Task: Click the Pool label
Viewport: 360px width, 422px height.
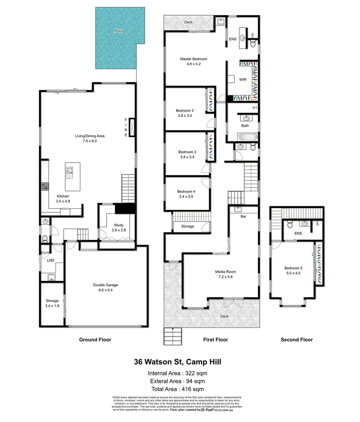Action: click(118, 30)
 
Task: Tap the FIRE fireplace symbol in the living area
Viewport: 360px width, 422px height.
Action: click(132, 127)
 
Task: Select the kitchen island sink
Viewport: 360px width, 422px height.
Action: click(70, 171)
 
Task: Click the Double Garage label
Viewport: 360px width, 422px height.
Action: click(105, 285)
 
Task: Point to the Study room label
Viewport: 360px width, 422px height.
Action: click(119, 225)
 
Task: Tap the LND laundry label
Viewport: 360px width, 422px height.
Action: click(50, 260)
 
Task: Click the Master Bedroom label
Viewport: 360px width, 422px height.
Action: click(193, 59)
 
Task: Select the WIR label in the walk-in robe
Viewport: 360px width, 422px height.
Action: click(242, 79)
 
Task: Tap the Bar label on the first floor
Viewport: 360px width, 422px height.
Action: click(243, 216)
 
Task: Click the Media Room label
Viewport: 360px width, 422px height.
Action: click(225, 272)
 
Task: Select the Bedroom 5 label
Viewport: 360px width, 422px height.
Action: click(292, 268)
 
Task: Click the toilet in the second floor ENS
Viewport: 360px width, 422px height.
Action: click(289, 224)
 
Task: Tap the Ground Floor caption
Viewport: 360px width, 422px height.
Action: click(95, 340)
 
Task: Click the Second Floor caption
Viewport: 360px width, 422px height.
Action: click(296, 340)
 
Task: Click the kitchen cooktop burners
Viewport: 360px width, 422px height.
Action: click(45, 187)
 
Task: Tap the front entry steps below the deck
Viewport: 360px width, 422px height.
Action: click(173, 336)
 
